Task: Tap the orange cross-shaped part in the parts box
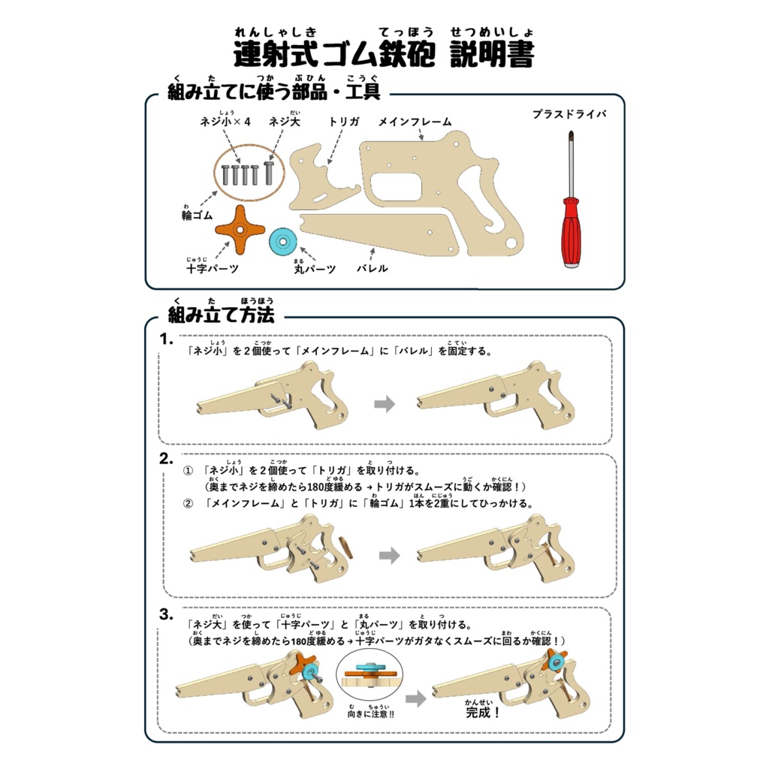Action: coord(240,231)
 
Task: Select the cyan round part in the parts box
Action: coord(284,242)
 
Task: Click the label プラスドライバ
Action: coord(568,115)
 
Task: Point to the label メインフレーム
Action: coord(415,122)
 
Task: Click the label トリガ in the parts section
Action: coord(344,122)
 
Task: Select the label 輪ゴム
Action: coord(197,216)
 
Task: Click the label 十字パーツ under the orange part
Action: coord(212,269)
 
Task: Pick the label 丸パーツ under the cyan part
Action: coord(314,269)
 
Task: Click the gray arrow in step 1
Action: coord(384,404)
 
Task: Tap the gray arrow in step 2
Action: coord(388,556)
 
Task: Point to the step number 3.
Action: coord(167,614)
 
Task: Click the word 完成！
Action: coord(483,712)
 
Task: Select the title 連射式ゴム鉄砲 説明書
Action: coord(384,56)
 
